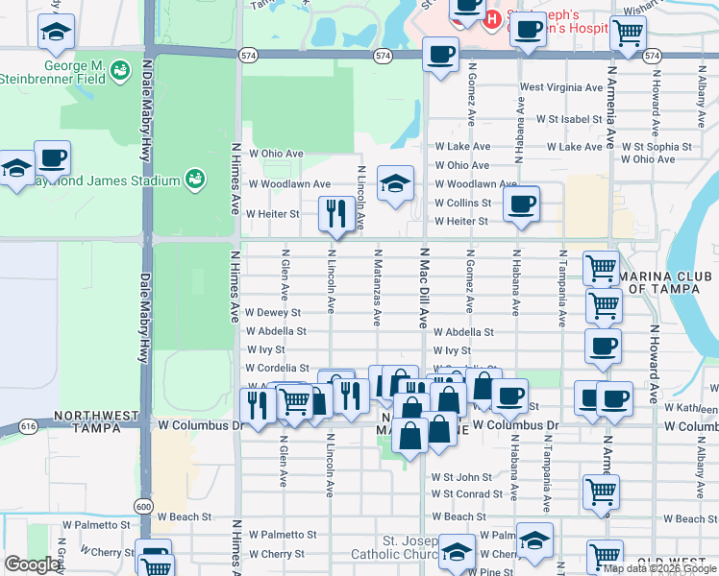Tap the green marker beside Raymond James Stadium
195,179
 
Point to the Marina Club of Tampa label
667,285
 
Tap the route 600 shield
144,506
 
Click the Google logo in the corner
31,564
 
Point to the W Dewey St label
273,313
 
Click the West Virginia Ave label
561,87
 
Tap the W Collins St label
462,204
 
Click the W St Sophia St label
657,148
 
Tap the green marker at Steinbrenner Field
120,70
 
